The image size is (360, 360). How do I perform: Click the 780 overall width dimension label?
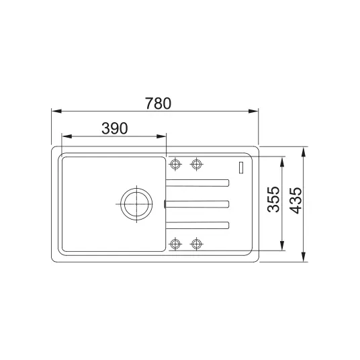pos(158,103)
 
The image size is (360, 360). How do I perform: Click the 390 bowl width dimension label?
pos(115,128)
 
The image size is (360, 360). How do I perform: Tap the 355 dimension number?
pos(273,199)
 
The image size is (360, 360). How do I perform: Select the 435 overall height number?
pos(296,201)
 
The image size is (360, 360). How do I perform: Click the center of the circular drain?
pos(136,204)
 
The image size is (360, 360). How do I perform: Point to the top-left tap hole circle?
pos(175,164)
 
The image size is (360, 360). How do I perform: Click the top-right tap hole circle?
pos(196,164)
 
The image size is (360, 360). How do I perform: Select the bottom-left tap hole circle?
pos(175,244)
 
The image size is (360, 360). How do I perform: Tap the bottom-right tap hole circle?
pos(196,244)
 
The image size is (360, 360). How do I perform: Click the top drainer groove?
pos(197,183)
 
